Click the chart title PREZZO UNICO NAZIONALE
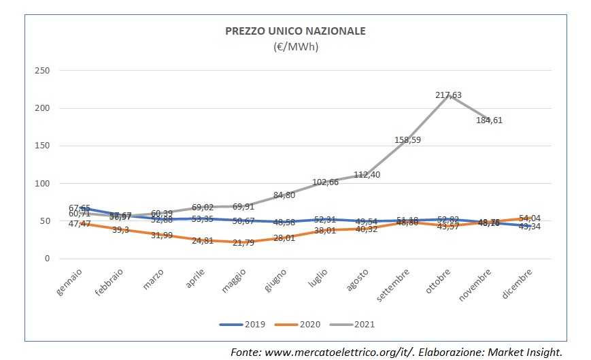pyautogui.click(x=295, y=31)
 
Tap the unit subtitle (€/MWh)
pyautogui.click(x=295, y=47)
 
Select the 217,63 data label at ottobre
pyautogui.click(x=448, y=96)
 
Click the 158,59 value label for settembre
pyautogui.click(x=408, y=140)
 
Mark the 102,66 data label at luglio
pyautogui.click(x=325, y=182)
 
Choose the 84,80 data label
pyautogui.click(x=284, y=195)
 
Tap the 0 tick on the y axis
pyautogui.click(x=48, y=259)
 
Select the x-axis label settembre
pyautogui.click(x=394, y=287)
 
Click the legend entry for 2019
pyautogui.click(x=243, y=325)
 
